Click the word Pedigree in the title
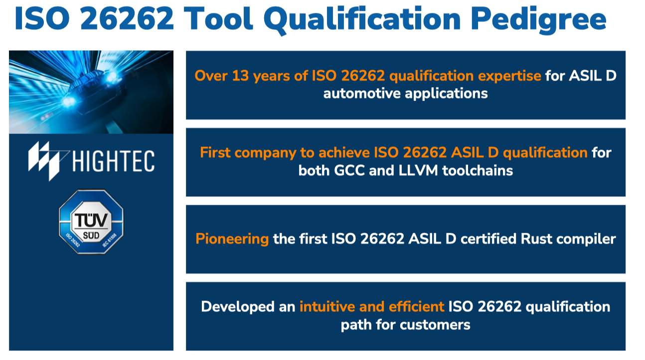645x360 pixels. tap(539, 19)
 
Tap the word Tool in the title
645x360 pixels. tap(218, 18)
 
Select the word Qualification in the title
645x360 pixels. tap(362, 19)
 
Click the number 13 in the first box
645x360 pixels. tap(241, 76)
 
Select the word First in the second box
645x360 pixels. tap(215, 153)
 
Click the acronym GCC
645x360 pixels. tap(349, 171)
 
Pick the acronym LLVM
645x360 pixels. tap(418, 171)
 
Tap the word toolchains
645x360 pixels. tap(478, 171)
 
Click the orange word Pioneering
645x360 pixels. tap(232, 239)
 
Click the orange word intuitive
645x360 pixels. tap(327, 307)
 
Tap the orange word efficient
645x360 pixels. tap(416, 307)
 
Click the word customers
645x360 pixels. tap(435, 325)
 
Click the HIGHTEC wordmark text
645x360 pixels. tap(114, 161)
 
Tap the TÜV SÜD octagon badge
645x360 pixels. tap(91, 222)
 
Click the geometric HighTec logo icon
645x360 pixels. tap(47, 161)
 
